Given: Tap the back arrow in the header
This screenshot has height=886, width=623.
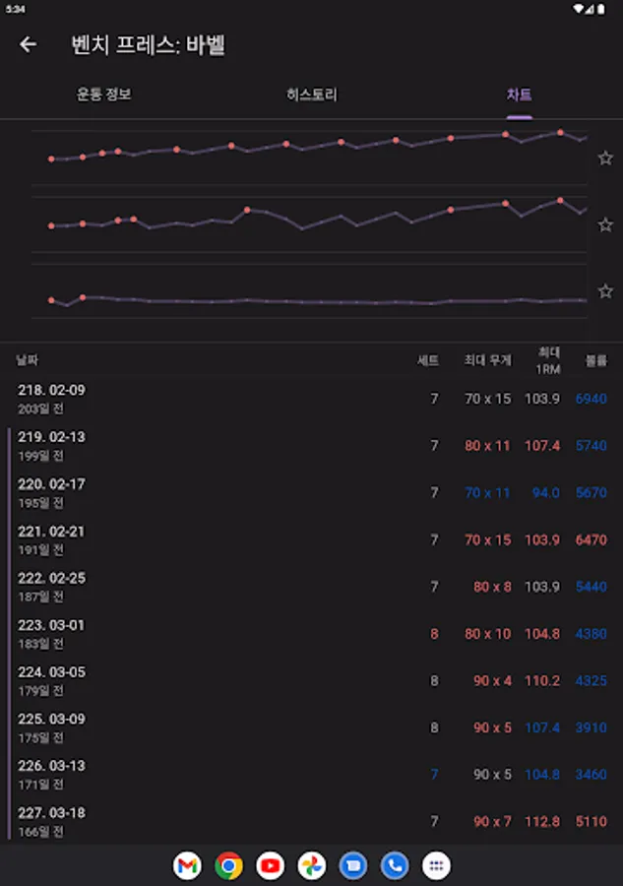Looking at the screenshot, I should (x=28, y=44).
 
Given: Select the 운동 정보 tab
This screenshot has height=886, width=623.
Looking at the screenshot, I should (x=104, y=95).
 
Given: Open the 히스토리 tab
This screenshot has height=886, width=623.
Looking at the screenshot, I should (x=312, y=95).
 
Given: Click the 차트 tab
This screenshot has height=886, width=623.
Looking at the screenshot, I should (x=520, y=95).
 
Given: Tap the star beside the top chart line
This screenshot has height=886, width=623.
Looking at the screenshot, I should (x=605, y=158).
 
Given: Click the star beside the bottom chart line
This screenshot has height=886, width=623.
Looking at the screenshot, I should (x=605, y=291).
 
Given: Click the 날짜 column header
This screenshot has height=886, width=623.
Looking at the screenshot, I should (x=28, y=360).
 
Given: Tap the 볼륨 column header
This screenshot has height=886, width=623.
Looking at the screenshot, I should (x=596, y=360).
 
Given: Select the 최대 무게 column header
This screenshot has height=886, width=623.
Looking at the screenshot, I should (x=488, y=360).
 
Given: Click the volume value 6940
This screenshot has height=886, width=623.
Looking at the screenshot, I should (x=591, y=399).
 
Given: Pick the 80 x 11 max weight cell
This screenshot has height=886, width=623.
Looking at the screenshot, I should (x=488, y=445).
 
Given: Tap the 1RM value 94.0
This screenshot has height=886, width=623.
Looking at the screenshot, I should (x=545, y=492).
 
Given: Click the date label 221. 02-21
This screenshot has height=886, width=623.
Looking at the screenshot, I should (x=51, y=532).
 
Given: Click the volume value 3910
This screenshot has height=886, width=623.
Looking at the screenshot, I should (x=591, y=728).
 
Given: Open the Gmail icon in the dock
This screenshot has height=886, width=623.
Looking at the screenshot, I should (x=187, y=865).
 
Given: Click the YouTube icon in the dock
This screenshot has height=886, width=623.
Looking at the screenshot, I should (x=270, y=865).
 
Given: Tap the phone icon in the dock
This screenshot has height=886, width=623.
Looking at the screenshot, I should (x=395, y=865).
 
